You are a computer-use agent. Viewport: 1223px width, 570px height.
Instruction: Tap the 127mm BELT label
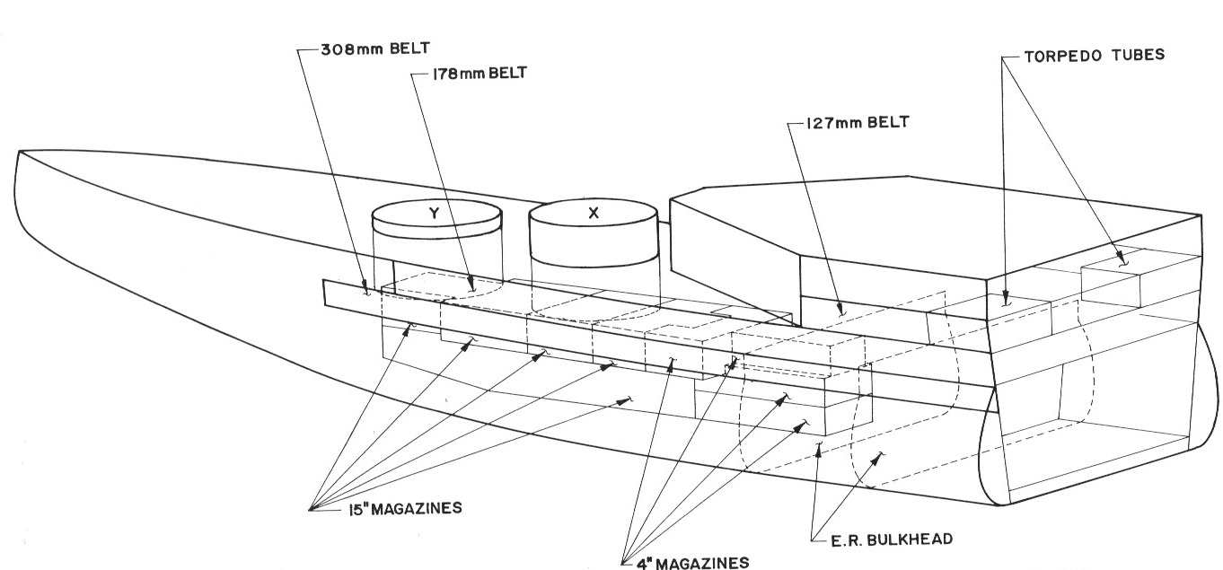point(849,124)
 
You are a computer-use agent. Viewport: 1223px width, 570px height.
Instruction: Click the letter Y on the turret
point(434,215)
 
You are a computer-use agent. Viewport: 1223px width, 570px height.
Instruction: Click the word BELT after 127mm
point(888,124)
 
